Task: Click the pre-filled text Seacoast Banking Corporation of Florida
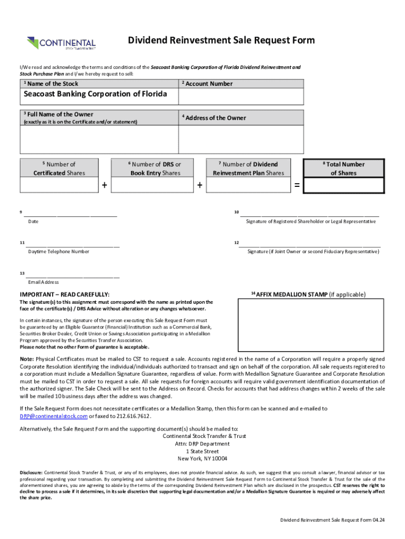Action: pyautogui.click(x=95, y=94)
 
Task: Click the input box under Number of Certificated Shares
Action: pyautogui.click(x=58, y=185)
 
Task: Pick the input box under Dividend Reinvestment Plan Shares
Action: pyautogui.click(x=248, y=185)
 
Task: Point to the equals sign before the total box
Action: pyautogui.click(x=297, y=186)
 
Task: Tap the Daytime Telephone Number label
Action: pyautogui.click(x=58, y=252)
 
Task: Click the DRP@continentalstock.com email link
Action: pyautogui.click(x=54, y=416)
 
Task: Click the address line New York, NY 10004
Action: pyautogui.click(x=204, y=458)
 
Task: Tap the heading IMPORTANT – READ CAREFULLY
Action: pyautogui.click(x=65, y=294)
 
